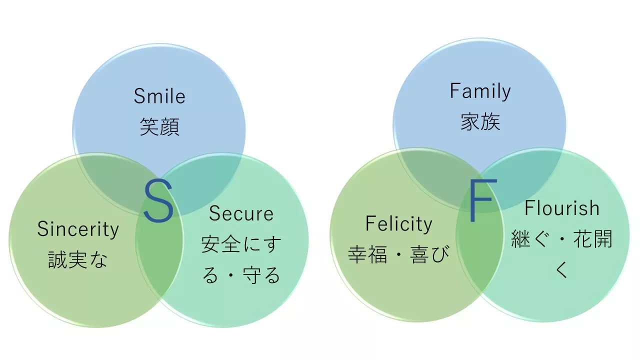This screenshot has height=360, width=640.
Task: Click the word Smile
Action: (159, 96)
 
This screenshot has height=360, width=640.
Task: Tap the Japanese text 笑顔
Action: (159, 126)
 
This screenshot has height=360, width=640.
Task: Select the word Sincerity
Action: (78, 229)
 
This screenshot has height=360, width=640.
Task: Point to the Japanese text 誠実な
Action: (78, 260)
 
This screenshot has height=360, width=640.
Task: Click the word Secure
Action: (241, 214)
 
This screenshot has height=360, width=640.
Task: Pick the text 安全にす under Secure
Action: (241, 244)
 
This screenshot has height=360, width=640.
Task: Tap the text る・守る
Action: (241, 275)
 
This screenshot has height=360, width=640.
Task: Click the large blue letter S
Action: (158, 201)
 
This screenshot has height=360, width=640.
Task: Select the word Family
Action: (480, 91)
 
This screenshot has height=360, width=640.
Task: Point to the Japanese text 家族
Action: (480, 122)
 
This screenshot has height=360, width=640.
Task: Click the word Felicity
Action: (398, 223)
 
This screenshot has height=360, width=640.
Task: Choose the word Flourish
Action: (561, 208)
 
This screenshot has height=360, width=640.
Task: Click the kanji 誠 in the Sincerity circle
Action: (58, 260)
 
